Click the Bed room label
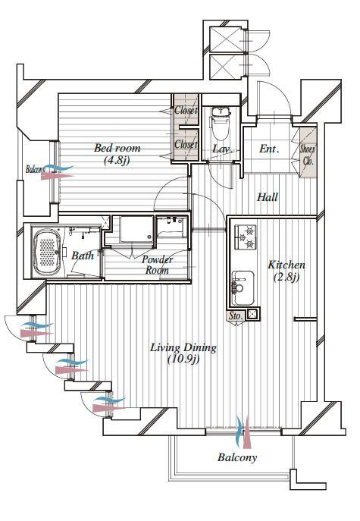click(117, 148)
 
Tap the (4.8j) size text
click(117, 160)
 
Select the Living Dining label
click(183, 348)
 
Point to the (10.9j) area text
click(183, 360)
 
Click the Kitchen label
click(287, 265)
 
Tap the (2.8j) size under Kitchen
click(287, 277)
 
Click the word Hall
click(267, 197)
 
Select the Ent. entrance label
click(269, 149)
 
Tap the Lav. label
click(221, 149)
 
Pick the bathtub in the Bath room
click(48, 250)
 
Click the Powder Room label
click(158, 265)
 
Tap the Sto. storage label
click(236, 315)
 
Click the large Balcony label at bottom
click(237, 457)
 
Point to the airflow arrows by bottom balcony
click(243, 432)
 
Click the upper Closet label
click(186, 111)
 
